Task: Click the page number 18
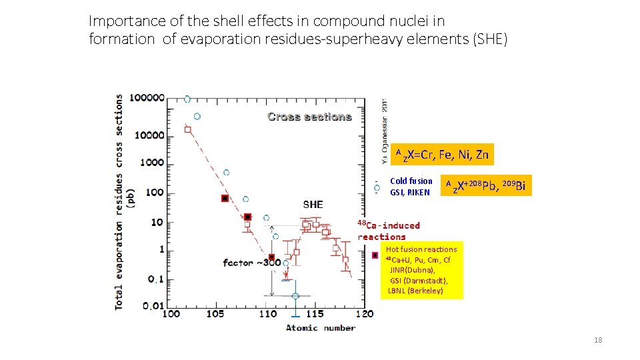tap(598, 341)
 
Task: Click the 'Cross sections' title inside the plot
tap(309, 117)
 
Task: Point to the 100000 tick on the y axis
tap(147, 97)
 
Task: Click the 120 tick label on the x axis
tap(364, 314)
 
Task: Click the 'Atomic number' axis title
tap(321, 327)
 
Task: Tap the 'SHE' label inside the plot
tap(313, 205)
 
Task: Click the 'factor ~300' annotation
tap(251, 263)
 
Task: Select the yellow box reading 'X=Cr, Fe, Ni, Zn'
tap(442, 155)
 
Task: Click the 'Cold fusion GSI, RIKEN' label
tap(411, 187)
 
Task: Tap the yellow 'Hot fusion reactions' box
tap(421, 271)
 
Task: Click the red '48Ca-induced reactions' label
tap(389, 231)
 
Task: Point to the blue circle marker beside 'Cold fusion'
tap(377, 188)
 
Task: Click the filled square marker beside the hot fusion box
tap(375, 255)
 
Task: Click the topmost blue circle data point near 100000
tap(187, 99)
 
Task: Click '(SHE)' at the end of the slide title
tap(490, 39)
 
